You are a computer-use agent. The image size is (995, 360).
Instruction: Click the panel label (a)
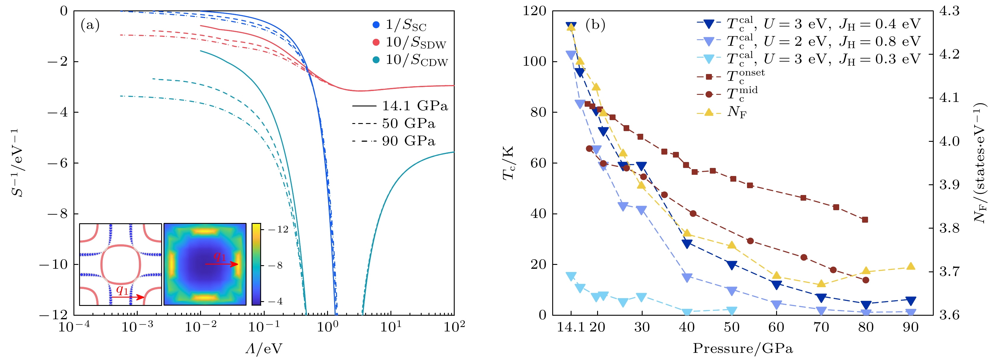(90, 26)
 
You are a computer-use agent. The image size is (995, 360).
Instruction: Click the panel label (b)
(595, 26)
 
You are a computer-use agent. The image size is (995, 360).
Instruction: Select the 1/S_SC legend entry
(406, 26)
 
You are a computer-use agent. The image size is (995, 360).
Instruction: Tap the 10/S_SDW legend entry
(415, 43)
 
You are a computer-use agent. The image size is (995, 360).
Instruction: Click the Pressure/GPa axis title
(743, 348)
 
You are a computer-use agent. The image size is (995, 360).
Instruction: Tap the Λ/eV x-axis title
(264, 348)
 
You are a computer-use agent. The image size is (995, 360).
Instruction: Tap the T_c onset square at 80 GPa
(865, 220)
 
